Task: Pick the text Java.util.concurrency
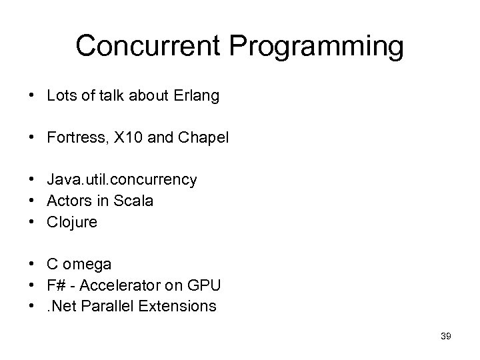(122, 180)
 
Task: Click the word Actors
(69, 201)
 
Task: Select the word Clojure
(72, 222)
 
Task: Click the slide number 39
(446, 337)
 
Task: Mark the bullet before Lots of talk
(33, 96)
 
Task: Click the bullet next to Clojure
(33, 222)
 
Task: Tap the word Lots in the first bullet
(61, 96)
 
